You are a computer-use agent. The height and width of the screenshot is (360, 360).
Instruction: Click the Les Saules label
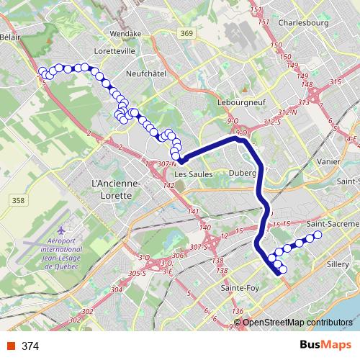[190, 174]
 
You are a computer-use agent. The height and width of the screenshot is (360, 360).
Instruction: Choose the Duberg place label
[243, 173]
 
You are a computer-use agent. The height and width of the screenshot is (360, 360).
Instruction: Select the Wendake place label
[126, 33]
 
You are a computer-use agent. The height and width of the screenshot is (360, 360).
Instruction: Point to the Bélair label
[10, 36]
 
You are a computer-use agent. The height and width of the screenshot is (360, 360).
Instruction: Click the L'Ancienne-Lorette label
[116, 189]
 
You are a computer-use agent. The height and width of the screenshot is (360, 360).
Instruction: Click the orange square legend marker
[10, 346]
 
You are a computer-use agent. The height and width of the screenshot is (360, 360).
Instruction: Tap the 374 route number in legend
[30, 346]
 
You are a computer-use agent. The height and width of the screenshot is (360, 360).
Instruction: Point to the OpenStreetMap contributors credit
[298, 323]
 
